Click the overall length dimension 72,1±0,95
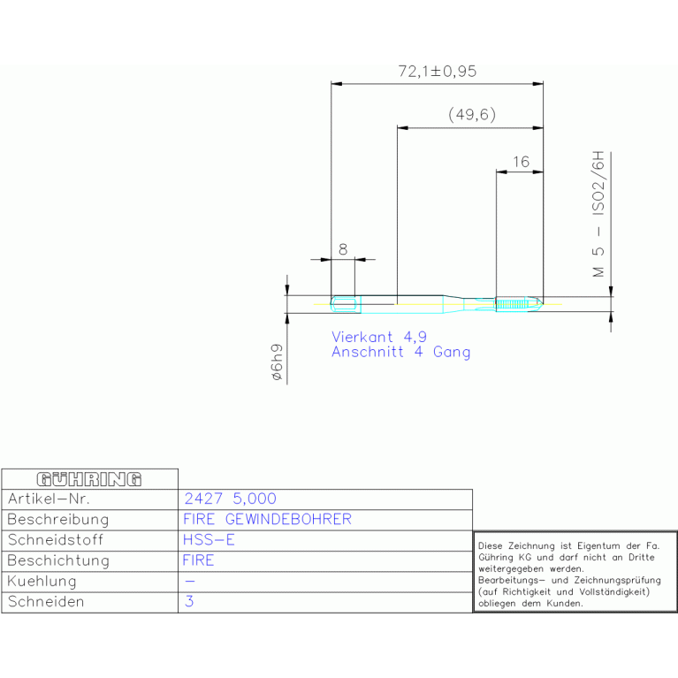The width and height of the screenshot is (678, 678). coord(438,72)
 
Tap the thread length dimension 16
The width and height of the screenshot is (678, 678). coord(521,162)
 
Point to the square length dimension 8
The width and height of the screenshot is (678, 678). coord(343,249)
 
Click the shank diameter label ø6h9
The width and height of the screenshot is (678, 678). coord(277,362)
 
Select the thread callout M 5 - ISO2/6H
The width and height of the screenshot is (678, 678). coord(598,214)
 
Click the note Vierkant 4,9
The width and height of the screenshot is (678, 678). coord(379,337)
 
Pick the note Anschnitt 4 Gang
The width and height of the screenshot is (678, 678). coord(400,352)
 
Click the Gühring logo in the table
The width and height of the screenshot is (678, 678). coord(89,479)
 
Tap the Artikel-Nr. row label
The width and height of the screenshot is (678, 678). coord(49,499)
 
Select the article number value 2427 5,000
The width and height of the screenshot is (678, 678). coord(230,499)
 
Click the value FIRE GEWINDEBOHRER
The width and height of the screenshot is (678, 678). coord(267,519)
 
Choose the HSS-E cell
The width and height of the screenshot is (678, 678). coord(209,539)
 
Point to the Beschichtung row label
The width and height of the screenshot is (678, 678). coord(58,560)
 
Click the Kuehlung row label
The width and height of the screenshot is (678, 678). coord(42,581)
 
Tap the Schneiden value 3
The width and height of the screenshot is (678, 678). coord(189,601)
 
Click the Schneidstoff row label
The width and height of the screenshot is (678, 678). coord(56,539)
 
